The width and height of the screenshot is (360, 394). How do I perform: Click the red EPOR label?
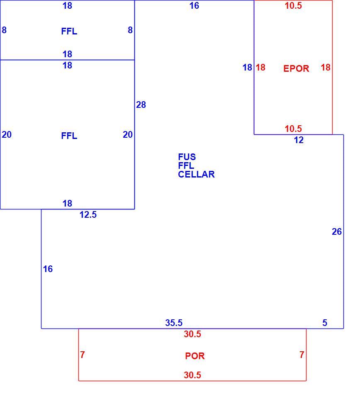(x=296, y=68)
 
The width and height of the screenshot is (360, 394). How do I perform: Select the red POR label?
(x=195, y=356)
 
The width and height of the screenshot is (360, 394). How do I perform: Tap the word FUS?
(x=187, y=157)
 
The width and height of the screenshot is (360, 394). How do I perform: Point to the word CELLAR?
(x=196, y=174)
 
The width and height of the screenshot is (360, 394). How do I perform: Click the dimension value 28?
(x=141, y=105)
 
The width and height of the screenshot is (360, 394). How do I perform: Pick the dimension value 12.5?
(x=88, y=215)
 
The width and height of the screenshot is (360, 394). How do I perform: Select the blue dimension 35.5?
(x=174, y=323)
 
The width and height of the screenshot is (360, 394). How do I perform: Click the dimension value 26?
(x=337, y=232)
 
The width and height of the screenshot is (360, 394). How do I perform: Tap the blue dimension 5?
(x=325, y=323)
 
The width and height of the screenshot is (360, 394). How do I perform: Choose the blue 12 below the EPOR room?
(x=299, y=140)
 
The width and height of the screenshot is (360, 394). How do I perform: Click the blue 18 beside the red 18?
(x=247, y=68)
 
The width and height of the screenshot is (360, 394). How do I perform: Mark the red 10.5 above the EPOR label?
(x=293, y=6)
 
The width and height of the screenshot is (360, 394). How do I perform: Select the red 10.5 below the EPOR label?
(x=293, y=129)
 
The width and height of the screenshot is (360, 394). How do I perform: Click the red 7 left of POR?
(x=82, y=355)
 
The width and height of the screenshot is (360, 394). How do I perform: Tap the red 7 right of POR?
(x=302, y=355)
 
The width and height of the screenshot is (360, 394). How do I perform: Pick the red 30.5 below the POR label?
(x=192, y=375)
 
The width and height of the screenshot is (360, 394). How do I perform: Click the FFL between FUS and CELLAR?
(x=186, y=166)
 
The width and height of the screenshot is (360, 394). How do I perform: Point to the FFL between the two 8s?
(x=69, y=32)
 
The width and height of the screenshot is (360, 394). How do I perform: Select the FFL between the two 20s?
(x=69, y=136)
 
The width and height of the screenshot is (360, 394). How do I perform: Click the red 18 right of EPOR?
(x=326, y=68)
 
